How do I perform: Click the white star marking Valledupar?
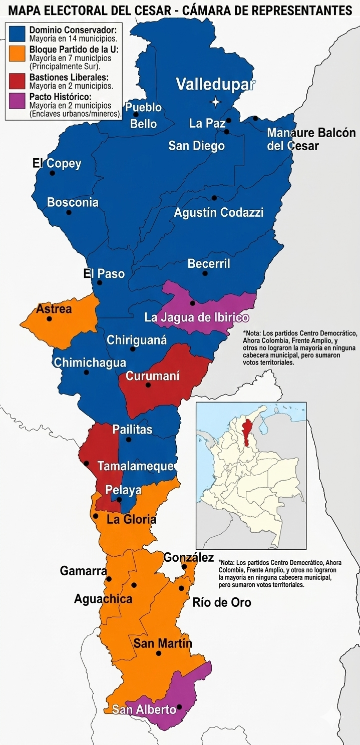pyautogui.click(x=215, y=102)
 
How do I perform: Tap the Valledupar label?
pyautogui.click(x=215, y=84)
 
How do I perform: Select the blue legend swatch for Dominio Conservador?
pyautogui.click(x=18, y=34)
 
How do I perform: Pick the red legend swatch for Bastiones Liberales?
pyautogui.click(x=18, y=81)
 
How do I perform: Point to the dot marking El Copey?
pyautogui.click(x=52, y=173)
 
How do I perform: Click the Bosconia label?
pyautogui.click(x=73, y=202)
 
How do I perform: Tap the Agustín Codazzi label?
pyautogui.click(x=218, y=212)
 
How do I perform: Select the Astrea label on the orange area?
pyautogui.click(x=54, y=309)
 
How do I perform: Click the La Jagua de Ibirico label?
pyautogui.click(x=196, y=317)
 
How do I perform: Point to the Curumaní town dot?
pyautogui.click(x=148, y=385)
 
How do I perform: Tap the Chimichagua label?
pyautogui.click(x=90, y=362)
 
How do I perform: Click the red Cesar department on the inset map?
pyautogui.click(x=246, y=431)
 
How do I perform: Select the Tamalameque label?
pyautogui.click(x=136, y=466)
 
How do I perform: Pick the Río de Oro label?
pyautogui.click(x=221, y=602)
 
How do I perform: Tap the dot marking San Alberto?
pyautogui.click(x=179, y=707)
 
